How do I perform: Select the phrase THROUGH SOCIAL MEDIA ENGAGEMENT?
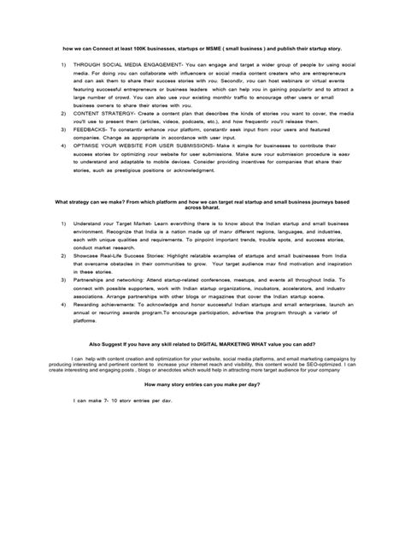pos(128,65)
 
